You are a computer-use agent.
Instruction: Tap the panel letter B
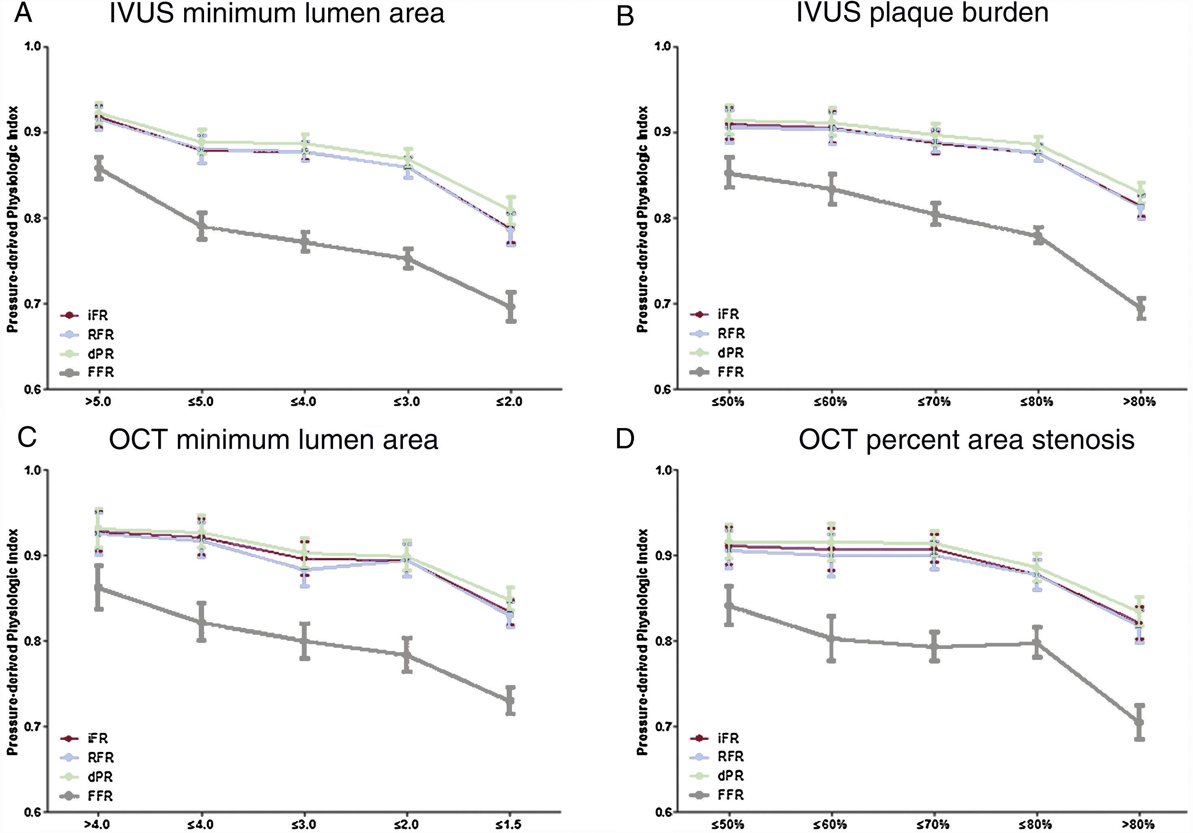[625, 17]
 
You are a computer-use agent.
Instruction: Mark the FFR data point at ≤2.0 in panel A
[511, 306]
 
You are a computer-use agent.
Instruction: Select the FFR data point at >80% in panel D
[1139, 722]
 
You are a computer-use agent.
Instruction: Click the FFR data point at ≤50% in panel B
[729, 173]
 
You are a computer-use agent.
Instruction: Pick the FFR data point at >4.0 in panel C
[98, 587]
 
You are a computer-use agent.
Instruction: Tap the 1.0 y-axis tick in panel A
[32, 47]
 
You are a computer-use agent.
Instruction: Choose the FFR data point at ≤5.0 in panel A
[202, 225]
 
